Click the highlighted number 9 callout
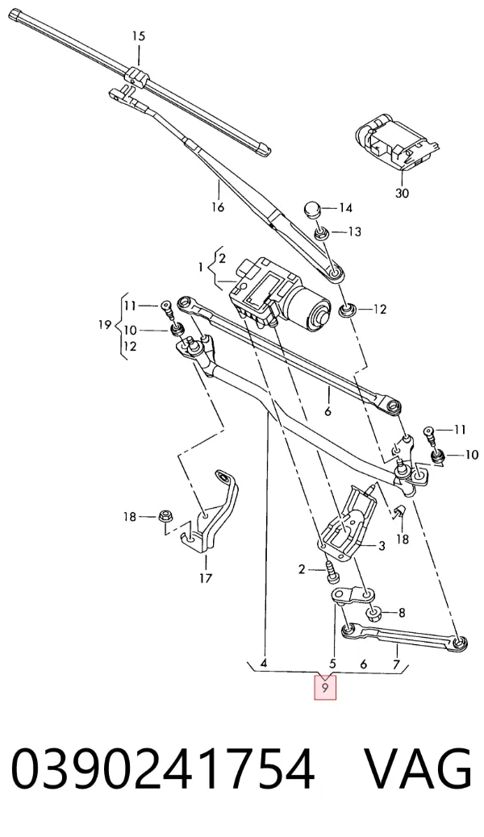click(325, 688)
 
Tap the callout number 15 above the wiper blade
click(139, 36)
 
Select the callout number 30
click(402, 193)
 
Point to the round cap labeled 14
click(312, 209)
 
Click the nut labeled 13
click(321, 233)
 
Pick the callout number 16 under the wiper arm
click(218, 207)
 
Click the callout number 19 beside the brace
click(105, 325)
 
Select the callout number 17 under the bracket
click(206, 577)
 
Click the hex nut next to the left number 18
click(164, 516)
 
